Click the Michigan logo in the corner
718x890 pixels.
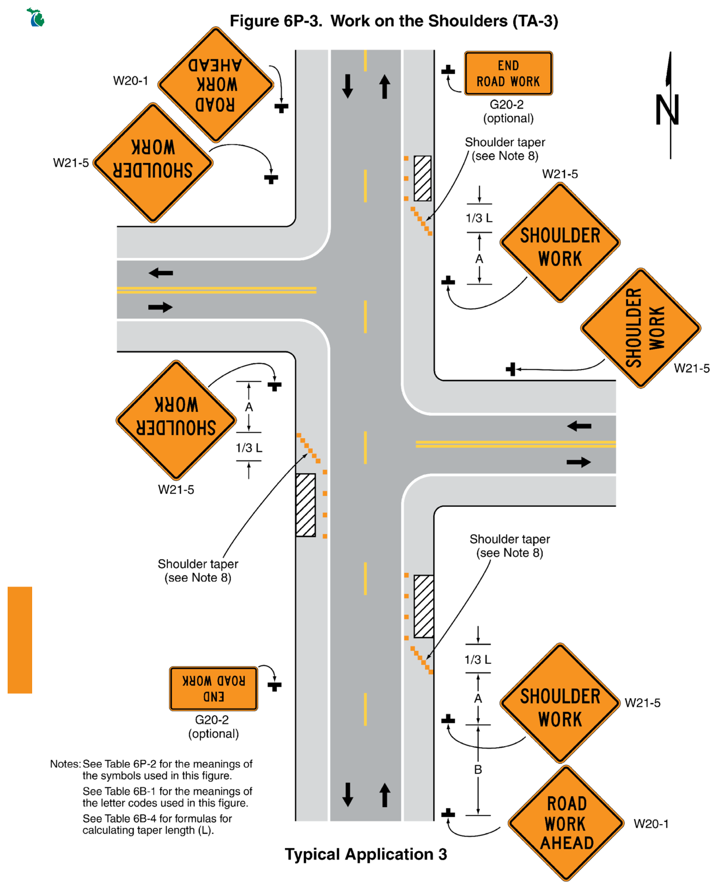(x=35, y=17)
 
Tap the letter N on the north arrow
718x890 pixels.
(x=667, y=110)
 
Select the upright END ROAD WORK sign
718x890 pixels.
(x=508, y=74)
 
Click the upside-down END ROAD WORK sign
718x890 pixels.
(x=214, y=688)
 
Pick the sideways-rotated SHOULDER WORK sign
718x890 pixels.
(x=641, y=328)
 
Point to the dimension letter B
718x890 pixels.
(x=478, y=770)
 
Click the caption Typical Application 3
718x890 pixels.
(x=366, y=854)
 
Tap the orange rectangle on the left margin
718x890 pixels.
(x=20, y=640)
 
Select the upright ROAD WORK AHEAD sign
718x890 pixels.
(x=566, y=823)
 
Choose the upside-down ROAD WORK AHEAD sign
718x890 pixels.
(x=216, y=85)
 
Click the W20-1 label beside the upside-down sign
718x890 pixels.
(x=131, y=81)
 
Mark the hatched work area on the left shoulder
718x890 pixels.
(x=306, y=505)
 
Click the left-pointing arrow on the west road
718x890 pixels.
(x=161, y=273)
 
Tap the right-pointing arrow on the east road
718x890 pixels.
(x=579, y=462)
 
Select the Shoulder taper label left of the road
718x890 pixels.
(x=198, y=571)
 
